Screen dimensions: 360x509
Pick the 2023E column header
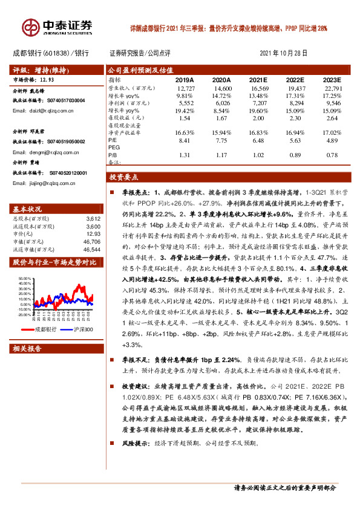[331, 79]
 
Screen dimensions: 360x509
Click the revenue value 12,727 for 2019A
[185, 88]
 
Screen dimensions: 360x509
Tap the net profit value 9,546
[332, 103]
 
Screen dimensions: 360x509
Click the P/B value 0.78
[332, 155]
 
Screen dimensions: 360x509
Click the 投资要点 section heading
[123, 178]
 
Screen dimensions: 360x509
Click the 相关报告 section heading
[27, 348]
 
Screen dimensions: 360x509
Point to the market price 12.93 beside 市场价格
[47, 79]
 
